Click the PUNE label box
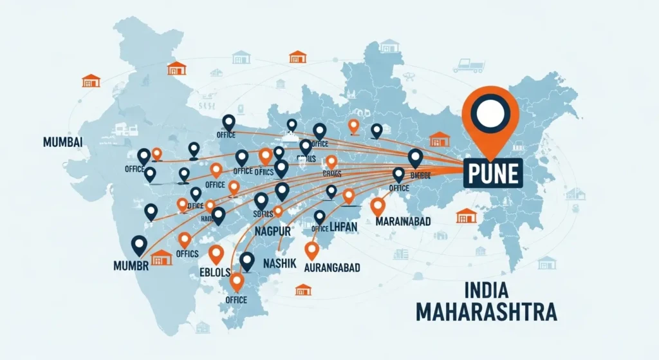click(493, 172)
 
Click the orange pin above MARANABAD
click(378, 205)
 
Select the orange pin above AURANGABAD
click(312, 249)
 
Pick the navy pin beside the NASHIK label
click(247, 261)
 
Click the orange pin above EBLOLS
click(216, 254)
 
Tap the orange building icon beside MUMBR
click(162, 257)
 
